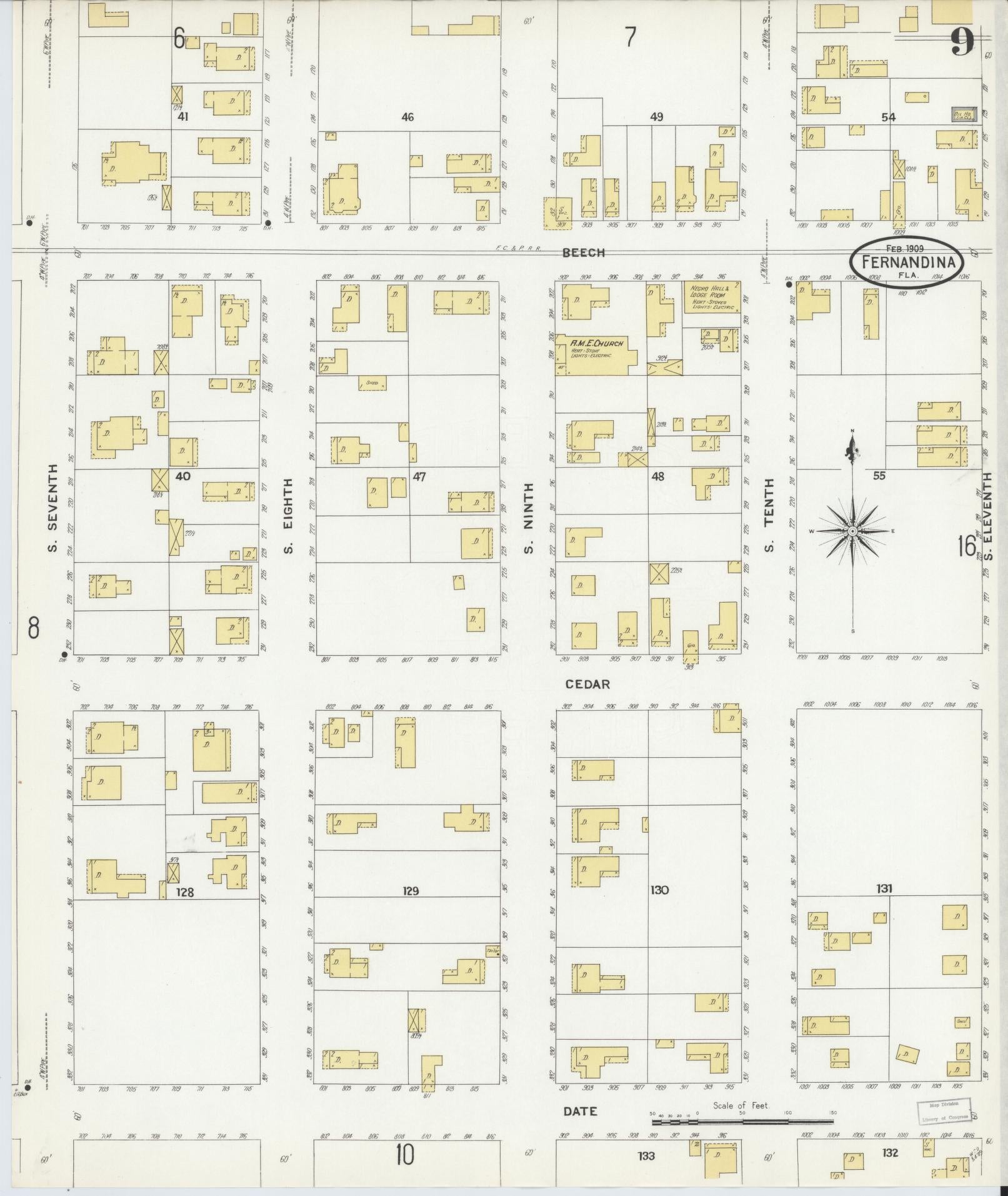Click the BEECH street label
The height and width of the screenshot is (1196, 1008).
tap(583, 253)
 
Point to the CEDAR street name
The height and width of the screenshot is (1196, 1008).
tap(587, 685)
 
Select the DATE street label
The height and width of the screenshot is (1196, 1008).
tap(581, 1111)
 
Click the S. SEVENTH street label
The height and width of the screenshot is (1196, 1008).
tap(52, 508)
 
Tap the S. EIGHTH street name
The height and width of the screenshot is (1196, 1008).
tap(288, 516)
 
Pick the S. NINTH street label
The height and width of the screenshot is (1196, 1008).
tap(529, 518)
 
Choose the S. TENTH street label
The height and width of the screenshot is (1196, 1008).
tap(769, 515)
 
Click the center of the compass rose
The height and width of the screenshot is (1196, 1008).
tap(852, 531)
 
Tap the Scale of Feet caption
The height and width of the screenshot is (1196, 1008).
tap(740, 1105)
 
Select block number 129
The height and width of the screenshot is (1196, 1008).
tap(410, 891)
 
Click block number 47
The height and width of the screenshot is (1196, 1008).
tap(419, 476)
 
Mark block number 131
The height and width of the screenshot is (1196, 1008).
tap(884, 888)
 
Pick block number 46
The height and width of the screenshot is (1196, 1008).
tap(407, 117)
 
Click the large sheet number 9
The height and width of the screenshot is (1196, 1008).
tap(962, 43)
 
